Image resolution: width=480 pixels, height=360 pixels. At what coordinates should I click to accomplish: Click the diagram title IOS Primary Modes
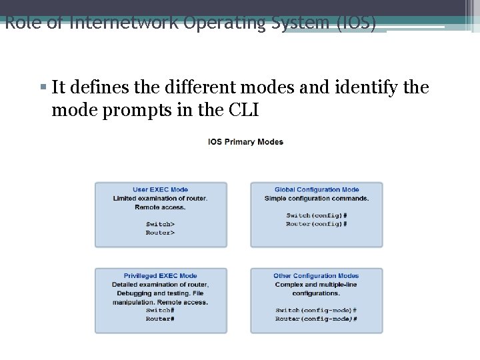(245, 142)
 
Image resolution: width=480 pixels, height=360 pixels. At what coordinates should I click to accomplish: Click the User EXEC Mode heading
(160, 190)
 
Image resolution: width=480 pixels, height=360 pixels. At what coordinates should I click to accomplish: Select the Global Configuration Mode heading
(317, 190)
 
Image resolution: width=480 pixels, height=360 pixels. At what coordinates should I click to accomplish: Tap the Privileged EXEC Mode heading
(160, 276)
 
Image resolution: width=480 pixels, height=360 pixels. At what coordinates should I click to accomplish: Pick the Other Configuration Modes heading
(316, 276)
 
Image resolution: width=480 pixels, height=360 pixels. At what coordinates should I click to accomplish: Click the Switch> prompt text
(160, 224)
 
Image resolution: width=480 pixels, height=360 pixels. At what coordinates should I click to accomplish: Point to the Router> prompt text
(160, 233)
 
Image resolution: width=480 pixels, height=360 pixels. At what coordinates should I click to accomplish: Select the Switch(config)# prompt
(317, 215)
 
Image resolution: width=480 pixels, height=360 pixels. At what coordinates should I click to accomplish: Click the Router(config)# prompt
(317, 224)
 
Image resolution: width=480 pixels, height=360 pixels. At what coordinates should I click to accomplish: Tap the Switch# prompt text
(160, 311)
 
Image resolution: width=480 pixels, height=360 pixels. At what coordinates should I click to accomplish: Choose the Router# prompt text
(160, 319)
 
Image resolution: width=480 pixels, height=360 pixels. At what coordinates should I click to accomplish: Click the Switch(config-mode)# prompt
(316, 311)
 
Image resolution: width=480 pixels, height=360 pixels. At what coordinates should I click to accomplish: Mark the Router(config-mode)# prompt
(316, 319)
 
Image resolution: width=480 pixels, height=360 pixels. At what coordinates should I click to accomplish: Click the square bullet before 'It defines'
(42, 87)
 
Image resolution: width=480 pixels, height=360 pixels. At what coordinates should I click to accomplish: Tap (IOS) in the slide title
(357, 23)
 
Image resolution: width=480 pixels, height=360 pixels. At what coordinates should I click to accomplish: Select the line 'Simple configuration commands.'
(317, 199)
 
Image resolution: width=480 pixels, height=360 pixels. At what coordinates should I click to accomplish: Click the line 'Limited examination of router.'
(160, 199)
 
